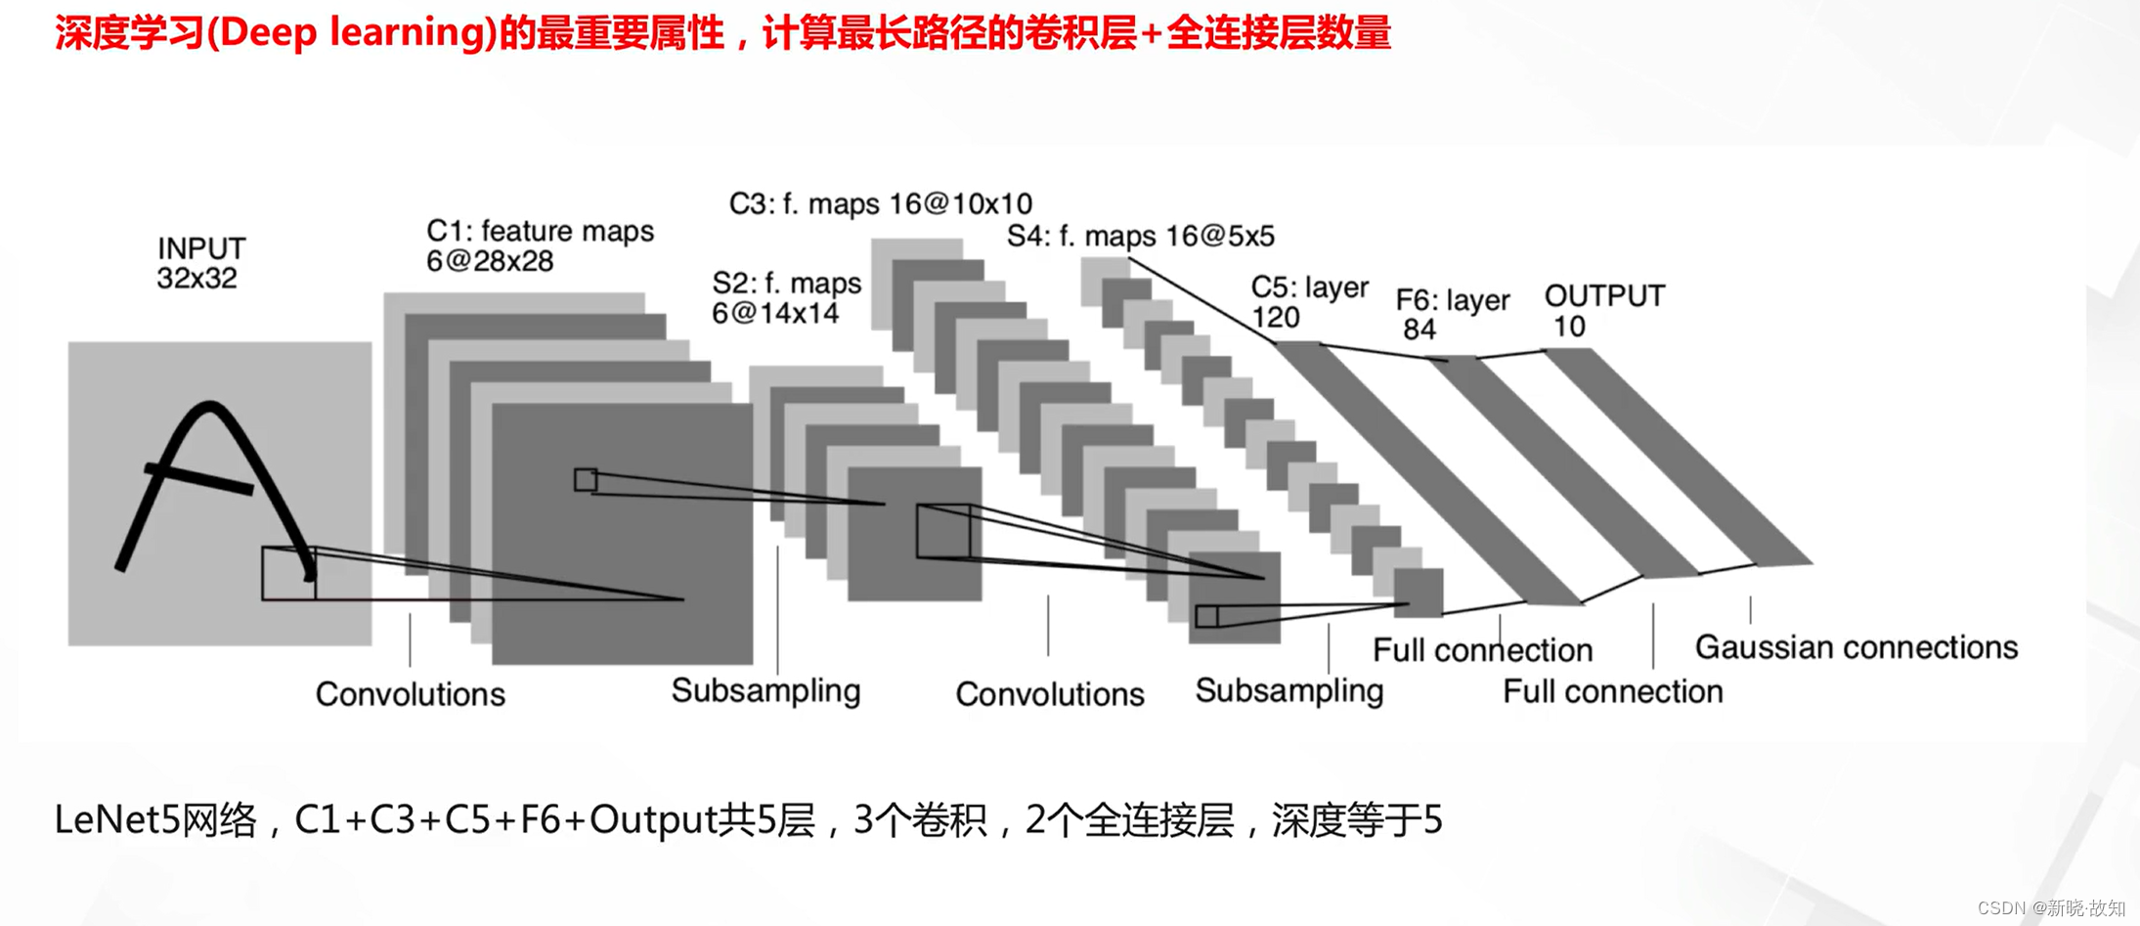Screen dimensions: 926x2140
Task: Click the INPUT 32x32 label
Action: click(200, 263)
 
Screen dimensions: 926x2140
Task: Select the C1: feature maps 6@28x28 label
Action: click(539, 245)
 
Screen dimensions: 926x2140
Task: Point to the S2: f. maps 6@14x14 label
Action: click(786, 298)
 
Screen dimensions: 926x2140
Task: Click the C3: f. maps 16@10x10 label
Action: click(880, 203)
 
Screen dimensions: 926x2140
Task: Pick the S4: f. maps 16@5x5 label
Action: click(1140, 236)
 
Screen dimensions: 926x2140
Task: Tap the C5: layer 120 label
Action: click(1308, 302)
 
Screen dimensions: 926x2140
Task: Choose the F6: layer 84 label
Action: click(1452, 314)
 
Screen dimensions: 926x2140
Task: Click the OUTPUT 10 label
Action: click(1603, 310)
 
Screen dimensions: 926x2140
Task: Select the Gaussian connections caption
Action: click(1856, 647)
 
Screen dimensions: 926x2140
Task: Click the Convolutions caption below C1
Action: click(410, 694)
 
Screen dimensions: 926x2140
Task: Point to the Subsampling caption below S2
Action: click(765, 691)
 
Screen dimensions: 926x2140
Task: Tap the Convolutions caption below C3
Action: click(1049, 694)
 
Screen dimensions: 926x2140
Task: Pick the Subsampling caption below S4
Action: click(1288, 691)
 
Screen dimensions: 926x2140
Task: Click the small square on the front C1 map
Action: click(586, 480)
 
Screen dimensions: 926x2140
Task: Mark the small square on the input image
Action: click(288, 574)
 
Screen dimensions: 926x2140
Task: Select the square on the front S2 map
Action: click(943, 532)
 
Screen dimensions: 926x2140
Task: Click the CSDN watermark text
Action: click(2050, 908)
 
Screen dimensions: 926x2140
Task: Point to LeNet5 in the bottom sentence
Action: click(116, 819)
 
